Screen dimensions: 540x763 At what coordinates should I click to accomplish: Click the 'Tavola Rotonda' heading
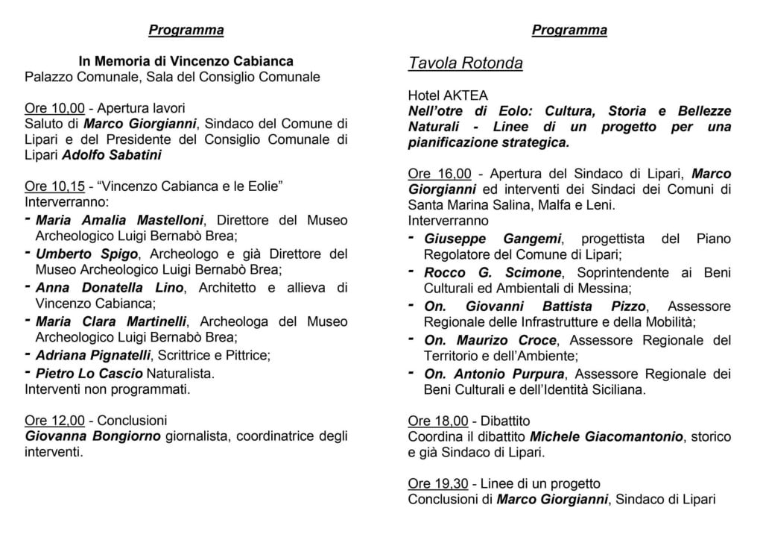click(x=465, y=63)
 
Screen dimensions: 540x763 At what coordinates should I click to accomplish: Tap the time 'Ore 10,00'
click(x=53, y=108)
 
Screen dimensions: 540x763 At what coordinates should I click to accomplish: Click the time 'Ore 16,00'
click(x=440, y=173)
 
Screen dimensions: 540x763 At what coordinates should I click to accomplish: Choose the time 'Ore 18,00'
click(x=438, y=420)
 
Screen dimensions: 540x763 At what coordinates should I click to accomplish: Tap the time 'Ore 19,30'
click(x=438, y=484)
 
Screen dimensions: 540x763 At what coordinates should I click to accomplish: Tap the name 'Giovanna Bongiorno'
click(x=92, y=436)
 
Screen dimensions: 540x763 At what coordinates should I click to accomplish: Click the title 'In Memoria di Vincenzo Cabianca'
click(x=186, y=60)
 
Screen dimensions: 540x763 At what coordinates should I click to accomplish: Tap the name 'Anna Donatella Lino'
click(x=93, y=287)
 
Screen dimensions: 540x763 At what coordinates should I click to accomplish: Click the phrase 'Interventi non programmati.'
click(x=108, y=389)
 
